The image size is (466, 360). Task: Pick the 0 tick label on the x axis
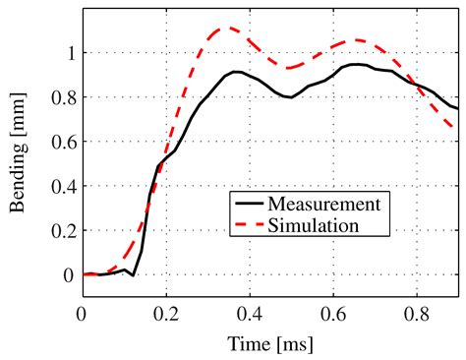pyautogui.click(x=82, y=313)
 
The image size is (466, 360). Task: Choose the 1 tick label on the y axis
pyautogui.click(x=67, y=53)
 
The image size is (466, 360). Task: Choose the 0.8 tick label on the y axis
pyautogui.click(x=61, y=97)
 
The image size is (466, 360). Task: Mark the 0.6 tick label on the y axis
pyautogui.click(x=61, y=142)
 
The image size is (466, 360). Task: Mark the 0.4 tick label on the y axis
pyautogui.click(x=61, y=186)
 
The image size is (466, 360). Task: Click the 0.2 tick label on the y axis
pyautogui.click(x=61, y=230)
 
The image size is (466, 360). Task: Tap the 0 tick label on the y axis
pyautogui.click(x=67, y=274)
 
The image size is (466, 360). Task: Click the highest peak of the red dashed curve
pyautogui.click(x=229, y=28)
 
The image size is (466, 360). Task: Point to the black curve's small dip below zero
pyautogui.click(x=133, y=275)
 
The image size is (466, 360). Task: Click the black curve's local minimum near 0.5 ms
pyautogui.click(x=290, y=97)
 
